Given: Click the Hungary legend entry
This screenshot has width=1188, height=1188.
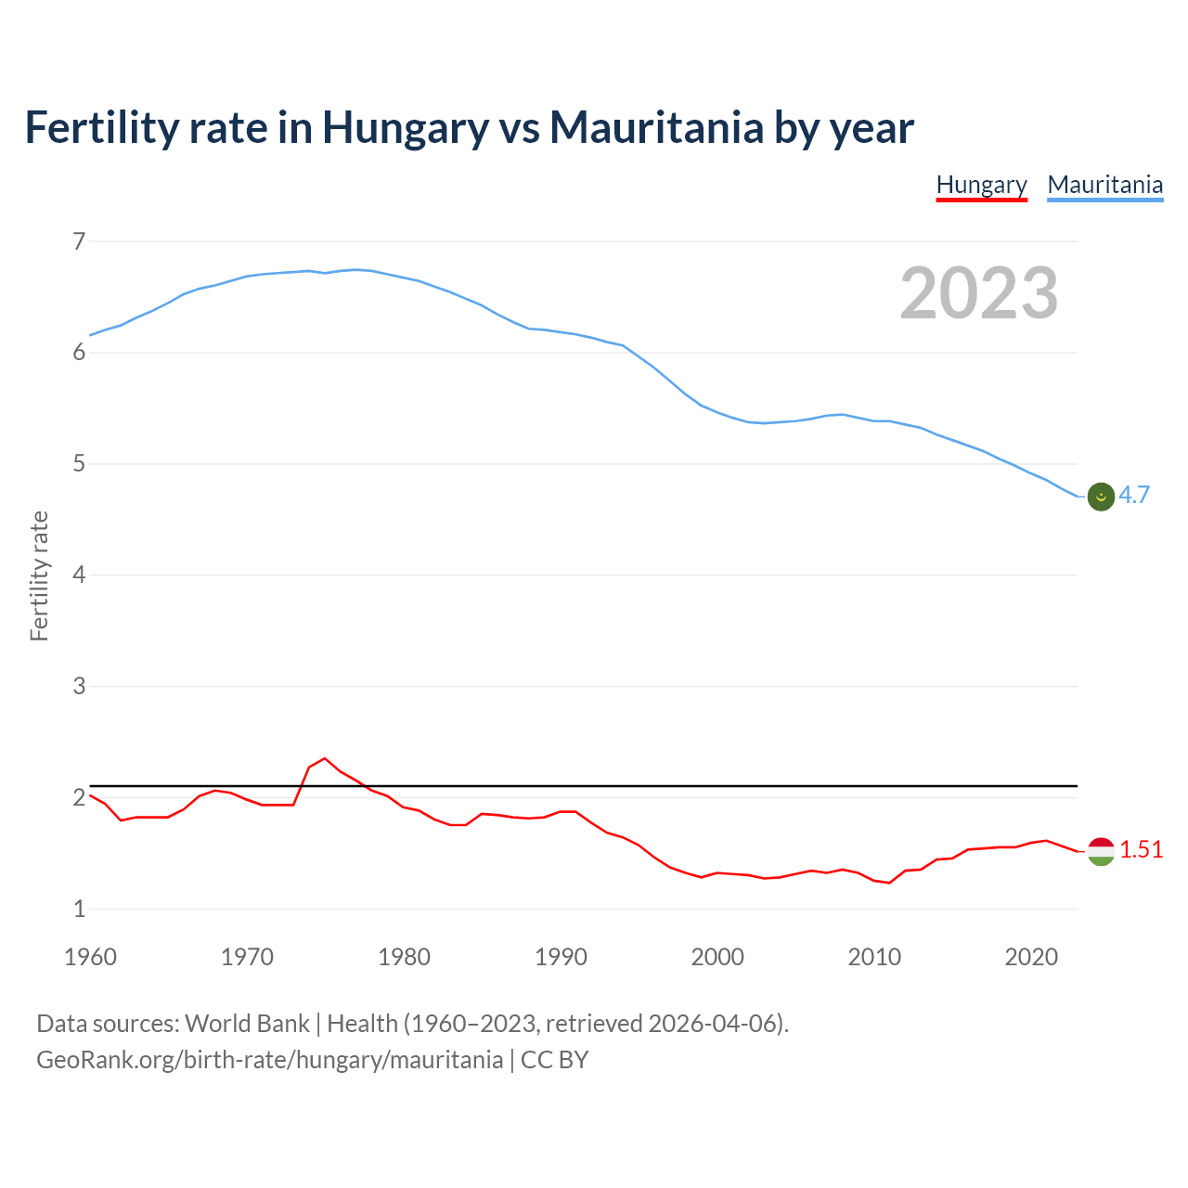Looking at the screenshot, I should click(981, 185).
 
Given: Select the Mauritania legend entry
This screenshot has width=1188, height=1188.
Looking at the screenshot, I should click(1104, 185).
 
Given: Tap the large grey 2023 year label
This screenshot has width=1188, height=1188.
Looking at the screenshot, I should click(978, 293).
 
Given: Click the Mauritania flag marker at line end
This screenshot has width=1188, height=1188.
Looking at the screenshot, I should click(1101, 497).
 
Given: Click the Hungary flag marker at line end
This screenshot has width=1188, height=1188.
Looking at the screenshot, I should click(1101, 851).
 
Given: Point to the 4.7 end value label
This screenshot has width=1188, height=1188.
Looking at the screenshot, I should click(1134, 496).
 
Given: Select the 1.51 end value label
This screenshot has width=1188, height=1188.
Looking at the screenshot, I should click(1141, 850).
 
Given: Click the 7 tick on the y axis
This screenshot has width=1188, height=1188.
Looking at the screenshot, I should click(79, 241).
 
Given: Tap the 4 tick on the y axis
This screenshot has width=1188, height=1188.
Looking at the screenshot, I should click(79, 575).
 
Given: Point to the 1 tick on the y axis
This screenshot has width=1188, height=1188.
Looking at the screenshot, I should click(79, 910).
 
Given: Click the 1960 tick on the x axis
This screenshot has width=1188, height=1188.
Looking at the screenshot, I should click(90, 957).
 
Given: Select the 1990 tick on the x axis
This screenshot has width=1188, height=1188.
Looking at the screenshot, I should click(561, 957).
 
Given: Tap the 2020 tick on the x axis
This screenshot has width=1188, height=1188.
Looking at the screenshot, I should click(1031, 957).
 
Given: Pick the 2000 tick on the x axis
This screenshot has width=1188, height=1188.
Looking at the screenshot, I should click(717, 957).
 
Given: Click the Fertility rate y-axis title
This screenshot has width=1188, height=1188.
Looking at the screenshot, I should click(39, 575).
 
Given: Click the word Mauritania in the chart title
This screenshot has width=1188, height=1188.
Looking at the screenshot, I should click(656, 128).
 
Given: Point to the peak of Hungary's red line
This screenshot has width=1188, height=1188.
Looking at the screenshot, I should click(324, 758).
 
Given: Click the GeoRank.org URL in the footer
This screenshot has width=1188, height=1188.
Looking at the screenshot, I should click(269, 1060).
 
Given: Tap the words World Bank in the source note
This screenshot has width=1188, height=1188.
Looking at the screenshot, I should click(247, 1024).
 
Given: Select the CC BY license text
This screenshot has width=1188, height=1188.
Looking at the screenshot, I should click(554, 1060).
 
